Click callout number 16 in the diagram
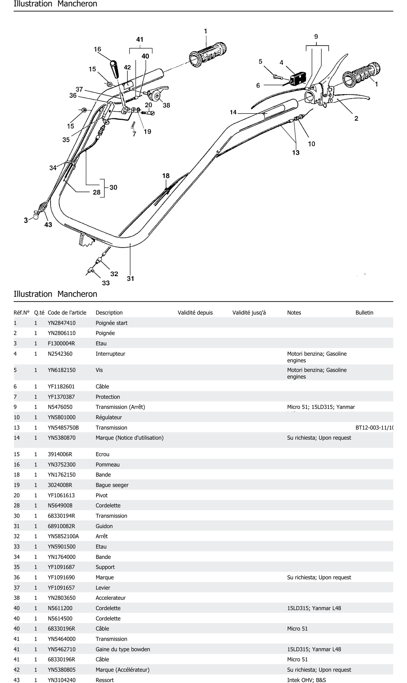coord(97,49)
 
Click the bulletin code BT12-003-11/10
coord(374,428)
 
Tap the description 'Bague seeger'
coord(112,485)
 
